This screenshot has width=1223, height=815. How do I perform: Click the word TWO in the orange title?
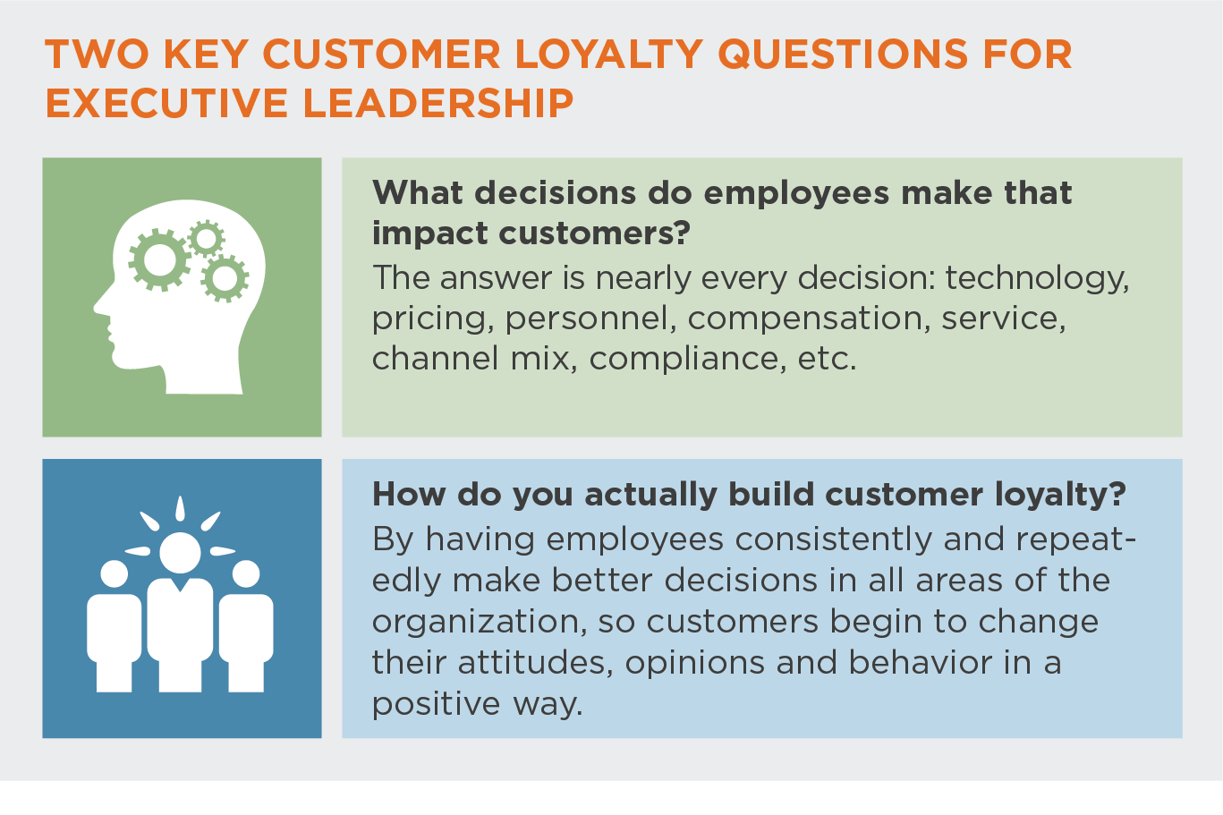point(97,55)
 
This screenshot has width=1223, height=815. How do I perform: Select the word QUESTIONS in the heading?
point(842,55)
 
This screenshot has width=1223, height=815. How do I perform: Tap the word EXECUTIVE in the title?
point(166,103)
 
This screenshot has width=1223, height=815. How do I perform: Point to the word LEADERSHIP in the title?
point(437,103)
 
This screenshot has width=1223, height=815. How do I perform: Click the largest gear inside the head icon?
point(159,259)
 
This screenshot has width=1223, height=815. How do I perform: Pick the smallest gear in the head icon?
point(206,239)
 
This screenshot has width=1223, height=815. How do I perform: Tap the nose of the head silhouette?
point(100,306)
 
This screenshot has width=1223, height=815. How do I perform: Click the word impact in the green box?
point(430,234)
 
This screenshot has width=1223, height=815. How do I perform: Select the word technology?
point(1037,279)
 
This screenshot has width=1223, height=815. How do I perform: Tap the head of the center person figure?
point(180,553)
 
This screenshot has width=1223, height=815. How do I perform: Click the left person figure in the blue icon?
point(115,625)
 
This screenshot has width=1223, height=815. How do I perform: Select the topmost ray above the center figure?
point(180,507)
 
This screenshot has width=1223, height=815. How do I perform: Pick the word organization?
point(480,623)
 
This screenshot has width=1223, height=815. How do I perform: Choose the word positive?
point(436,705)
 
